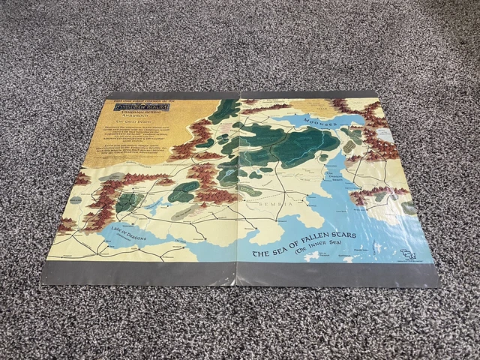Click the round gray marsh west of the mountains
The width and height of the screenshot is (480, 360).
point(111,179)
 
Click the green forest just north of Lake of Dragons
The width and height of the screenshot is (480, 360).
point(129,202)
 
